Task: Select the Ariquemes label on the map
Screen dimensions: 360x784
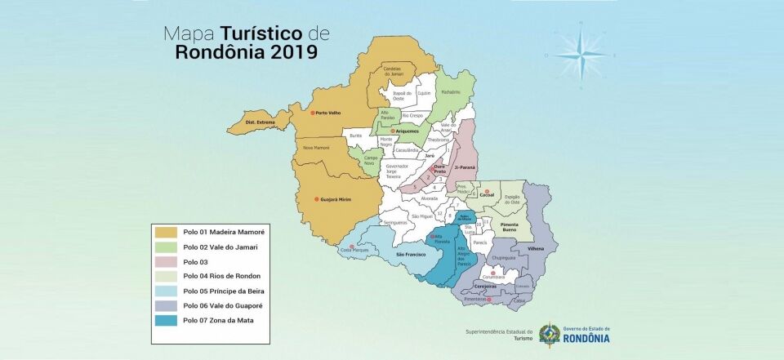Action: click(408, 131)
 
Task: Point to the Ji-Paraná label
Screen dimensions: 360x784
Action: click(464, 167)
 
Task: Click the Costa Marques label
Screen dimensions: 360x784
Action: click(356, 250)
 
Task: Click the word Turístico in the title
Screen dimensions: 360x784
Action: click(256, 33)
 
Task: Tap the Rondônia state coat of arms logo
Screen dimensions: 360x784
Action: click(550, 334)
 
